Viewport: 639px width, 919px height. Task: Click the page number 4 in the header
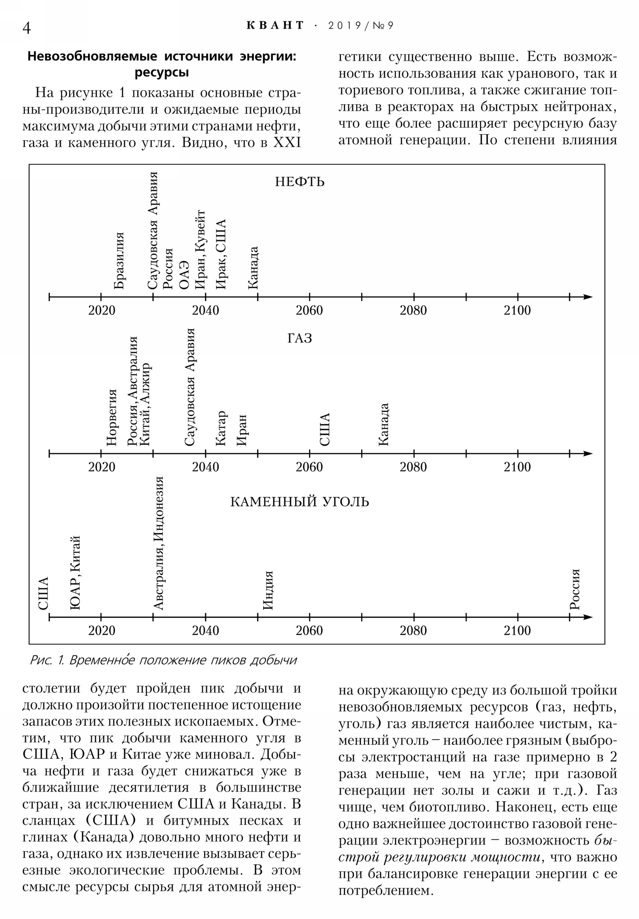(x=26, y=28)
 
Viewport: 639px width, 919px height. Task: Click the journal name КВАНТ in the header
(x=275, y=26)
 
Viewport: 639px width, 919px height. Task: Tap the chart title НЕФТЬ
(x=300, y=182)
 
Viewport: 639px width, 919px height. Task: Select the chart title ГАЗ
(x=299, y=338)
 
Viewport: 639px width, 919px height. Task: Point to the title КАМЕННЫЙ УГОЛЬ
(x=299, y=502)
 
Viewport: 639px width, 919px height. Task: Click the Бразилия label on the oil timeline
(x=119, y=261)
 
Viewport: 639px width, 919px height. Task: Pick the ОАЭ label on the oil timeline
(x=184, y=275)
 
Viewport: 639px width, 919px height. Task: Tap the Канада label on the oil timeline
(x=253, y=268)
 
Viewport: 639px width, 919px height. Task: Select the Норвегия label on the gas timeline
(x=112, y=417)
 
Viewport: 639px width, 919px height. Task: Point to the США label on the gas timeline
(x=325, y=429)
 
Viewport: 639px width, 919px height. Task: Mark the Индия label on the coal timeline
(x=268, y=591)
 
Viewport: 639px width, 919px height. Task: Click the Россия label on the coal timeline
(x=575, y=589)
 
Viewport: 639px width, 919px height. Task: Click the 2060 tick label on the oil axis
(x=309, y=310)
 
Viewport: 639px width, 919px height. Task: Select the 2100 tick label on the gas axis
(x=517, y=467)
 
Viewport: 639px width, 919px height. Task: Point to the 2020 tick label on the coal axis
(x=101, y=631)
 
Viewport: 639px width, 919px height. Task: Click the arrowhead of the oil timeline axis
(x=587, y=297)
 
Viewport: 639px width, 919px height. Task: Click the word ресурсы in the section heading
(x=162, y=73)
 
